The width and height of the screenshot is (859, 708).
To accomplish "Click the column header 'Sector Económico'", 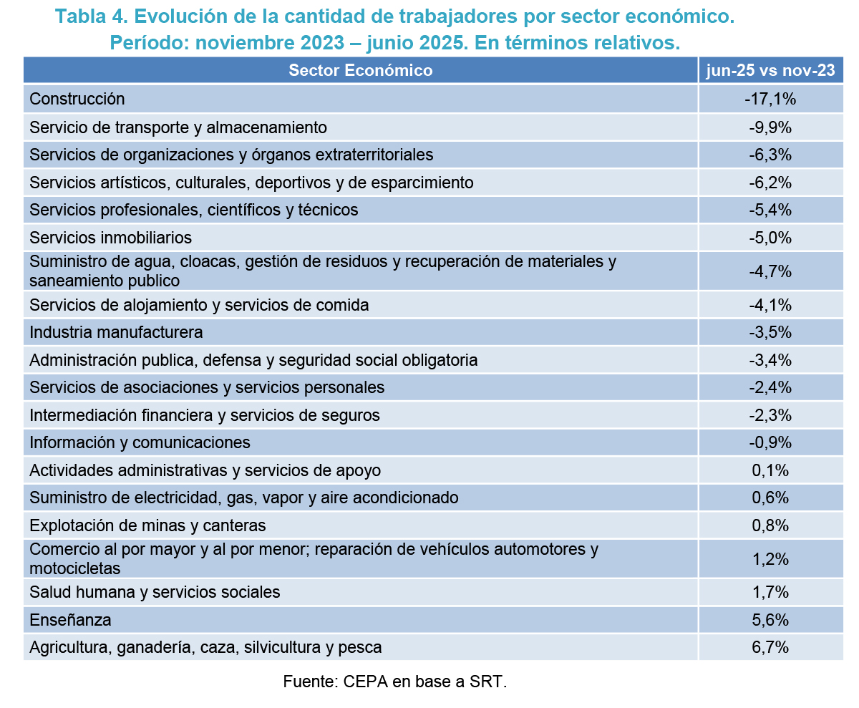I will point(360,70).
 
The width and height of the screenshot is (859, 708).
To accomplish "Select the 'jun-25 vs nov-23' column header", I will point(770,70).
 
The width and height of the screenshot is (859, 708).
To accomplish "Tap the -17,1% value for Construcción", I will point(770,99).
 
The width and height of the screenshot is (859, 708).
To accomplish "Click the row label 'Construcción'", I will point(77,99).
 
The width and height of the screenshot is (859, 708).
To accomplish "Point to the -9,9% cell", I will point(770,127).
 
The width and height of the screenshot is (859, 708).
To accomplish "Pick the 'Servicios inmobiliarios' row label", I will point(110,237).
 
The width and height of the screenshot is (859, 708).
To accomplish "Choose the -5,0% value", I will point(770,237).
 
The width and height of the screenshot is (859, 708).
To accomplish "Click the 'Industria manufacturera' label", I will point(116,332).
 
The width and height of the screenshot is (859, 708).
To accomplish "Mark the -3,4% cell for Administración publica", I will point(770,359).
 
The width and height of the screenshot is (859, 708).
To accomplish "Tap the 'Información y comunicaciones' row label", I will point(140,442).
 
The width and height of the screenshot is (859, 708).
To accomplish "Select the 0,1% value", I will point(770,470).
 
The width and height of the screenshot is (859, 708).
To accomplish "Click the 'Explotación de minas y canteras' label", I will point(147,525).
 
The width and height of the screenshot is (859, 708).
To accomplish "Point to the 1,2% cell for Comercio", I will point(770,558).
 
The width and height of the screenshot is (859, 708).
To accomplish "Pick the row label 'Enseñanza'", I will point(70,619).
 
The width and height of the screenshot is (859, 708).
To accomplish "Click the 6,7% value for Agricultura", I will point(770,647).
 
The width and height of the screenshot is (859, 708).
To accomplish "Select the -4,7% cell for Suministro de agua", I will point(770,271).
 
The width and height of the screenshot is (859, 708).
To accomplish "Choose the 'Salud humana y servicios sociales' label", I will point(155,592).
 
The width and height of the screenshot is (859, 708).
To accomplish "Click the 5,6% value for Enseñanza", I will point(770,619).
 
